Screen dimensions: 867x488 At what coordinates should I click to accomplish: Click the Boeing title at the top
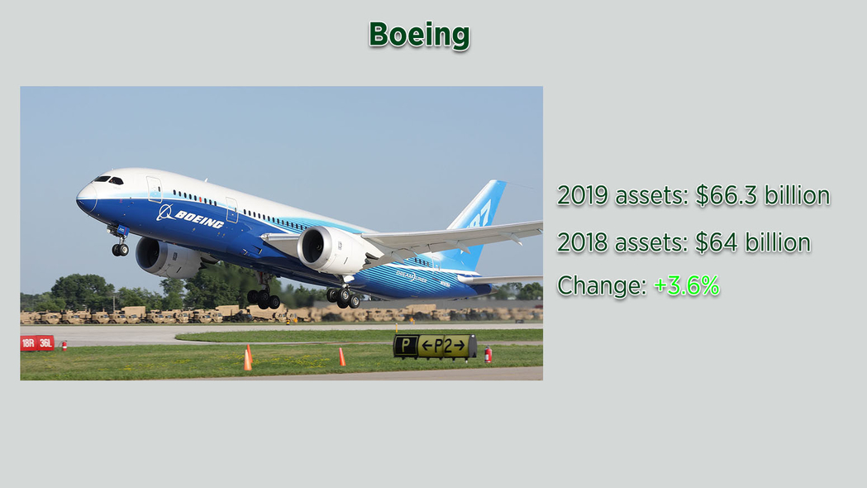419,35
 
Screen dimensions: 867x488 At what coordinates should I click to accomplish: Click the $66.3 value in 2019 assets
726,195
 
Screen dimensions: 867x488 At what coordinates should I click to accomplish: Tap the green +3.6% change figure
686,285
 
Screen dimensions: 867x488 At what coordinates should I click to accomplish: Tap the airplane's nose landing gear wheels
120,250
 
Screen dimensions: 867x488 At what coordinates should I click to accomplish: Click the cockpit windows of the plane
107,179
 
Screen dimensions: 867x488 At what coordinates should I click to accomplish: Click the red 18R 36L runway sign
37,343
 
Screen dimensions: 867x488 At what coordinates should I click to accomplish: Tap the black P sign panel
405,347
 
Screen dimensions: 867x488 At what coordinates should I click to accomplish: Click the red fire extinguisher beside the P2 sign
488,354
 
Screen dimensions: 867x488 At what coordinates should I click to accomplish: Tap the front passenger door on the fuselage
155,189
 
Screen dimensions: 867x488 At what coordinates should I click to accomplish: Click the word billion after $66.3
797,195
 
